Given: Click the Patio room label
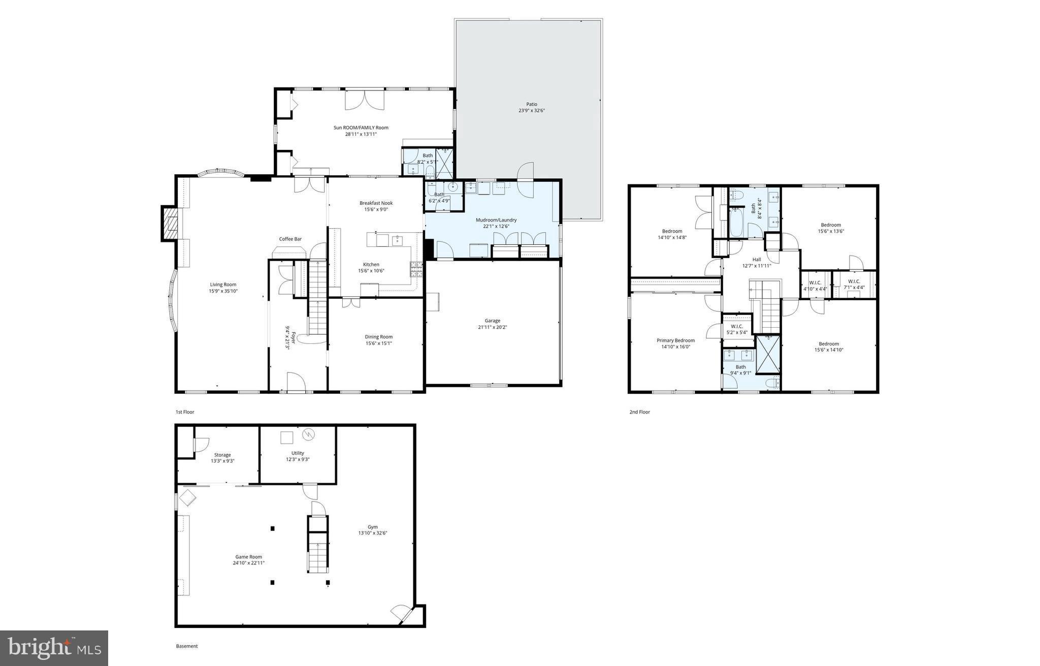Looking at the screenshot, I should [531, 104].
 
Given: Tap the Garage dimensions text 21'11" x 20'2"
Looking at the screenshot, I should [492, 328].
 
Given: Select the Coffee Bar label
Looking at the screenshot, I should [290, 239].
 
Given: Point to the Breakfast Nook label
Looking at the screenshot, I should [376, 203].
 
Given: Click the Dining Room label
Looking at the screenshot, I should [378, 337].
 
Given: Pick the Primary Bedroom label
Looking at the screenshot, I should [675, 340].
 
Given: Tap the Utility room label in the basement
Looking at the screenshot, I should [298, 453].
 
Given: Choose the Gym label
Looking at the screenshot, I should [373, 527].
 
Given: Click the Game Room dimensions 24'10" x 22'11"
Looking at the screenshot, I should [249, 563].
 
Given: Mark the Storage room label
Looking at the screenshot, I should [222, 455].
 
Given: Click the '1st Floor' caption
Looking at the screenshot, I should [185, 412].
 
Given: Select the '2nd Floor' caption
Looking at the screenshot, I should [639, 412].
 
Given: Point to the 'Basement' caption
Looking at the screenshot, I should [186, 646].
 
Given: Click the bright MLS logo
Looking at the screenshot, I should [54, 648].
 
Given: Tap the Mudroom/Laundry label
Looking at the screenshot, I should [496, 220].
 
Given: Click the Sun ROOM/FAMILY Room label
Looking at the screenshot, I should [361, 128].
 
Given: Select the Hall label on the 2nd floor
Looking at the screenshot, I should [757, 259].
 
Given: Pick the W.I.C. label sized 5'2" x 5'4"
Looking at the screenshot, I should [737, 326].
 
